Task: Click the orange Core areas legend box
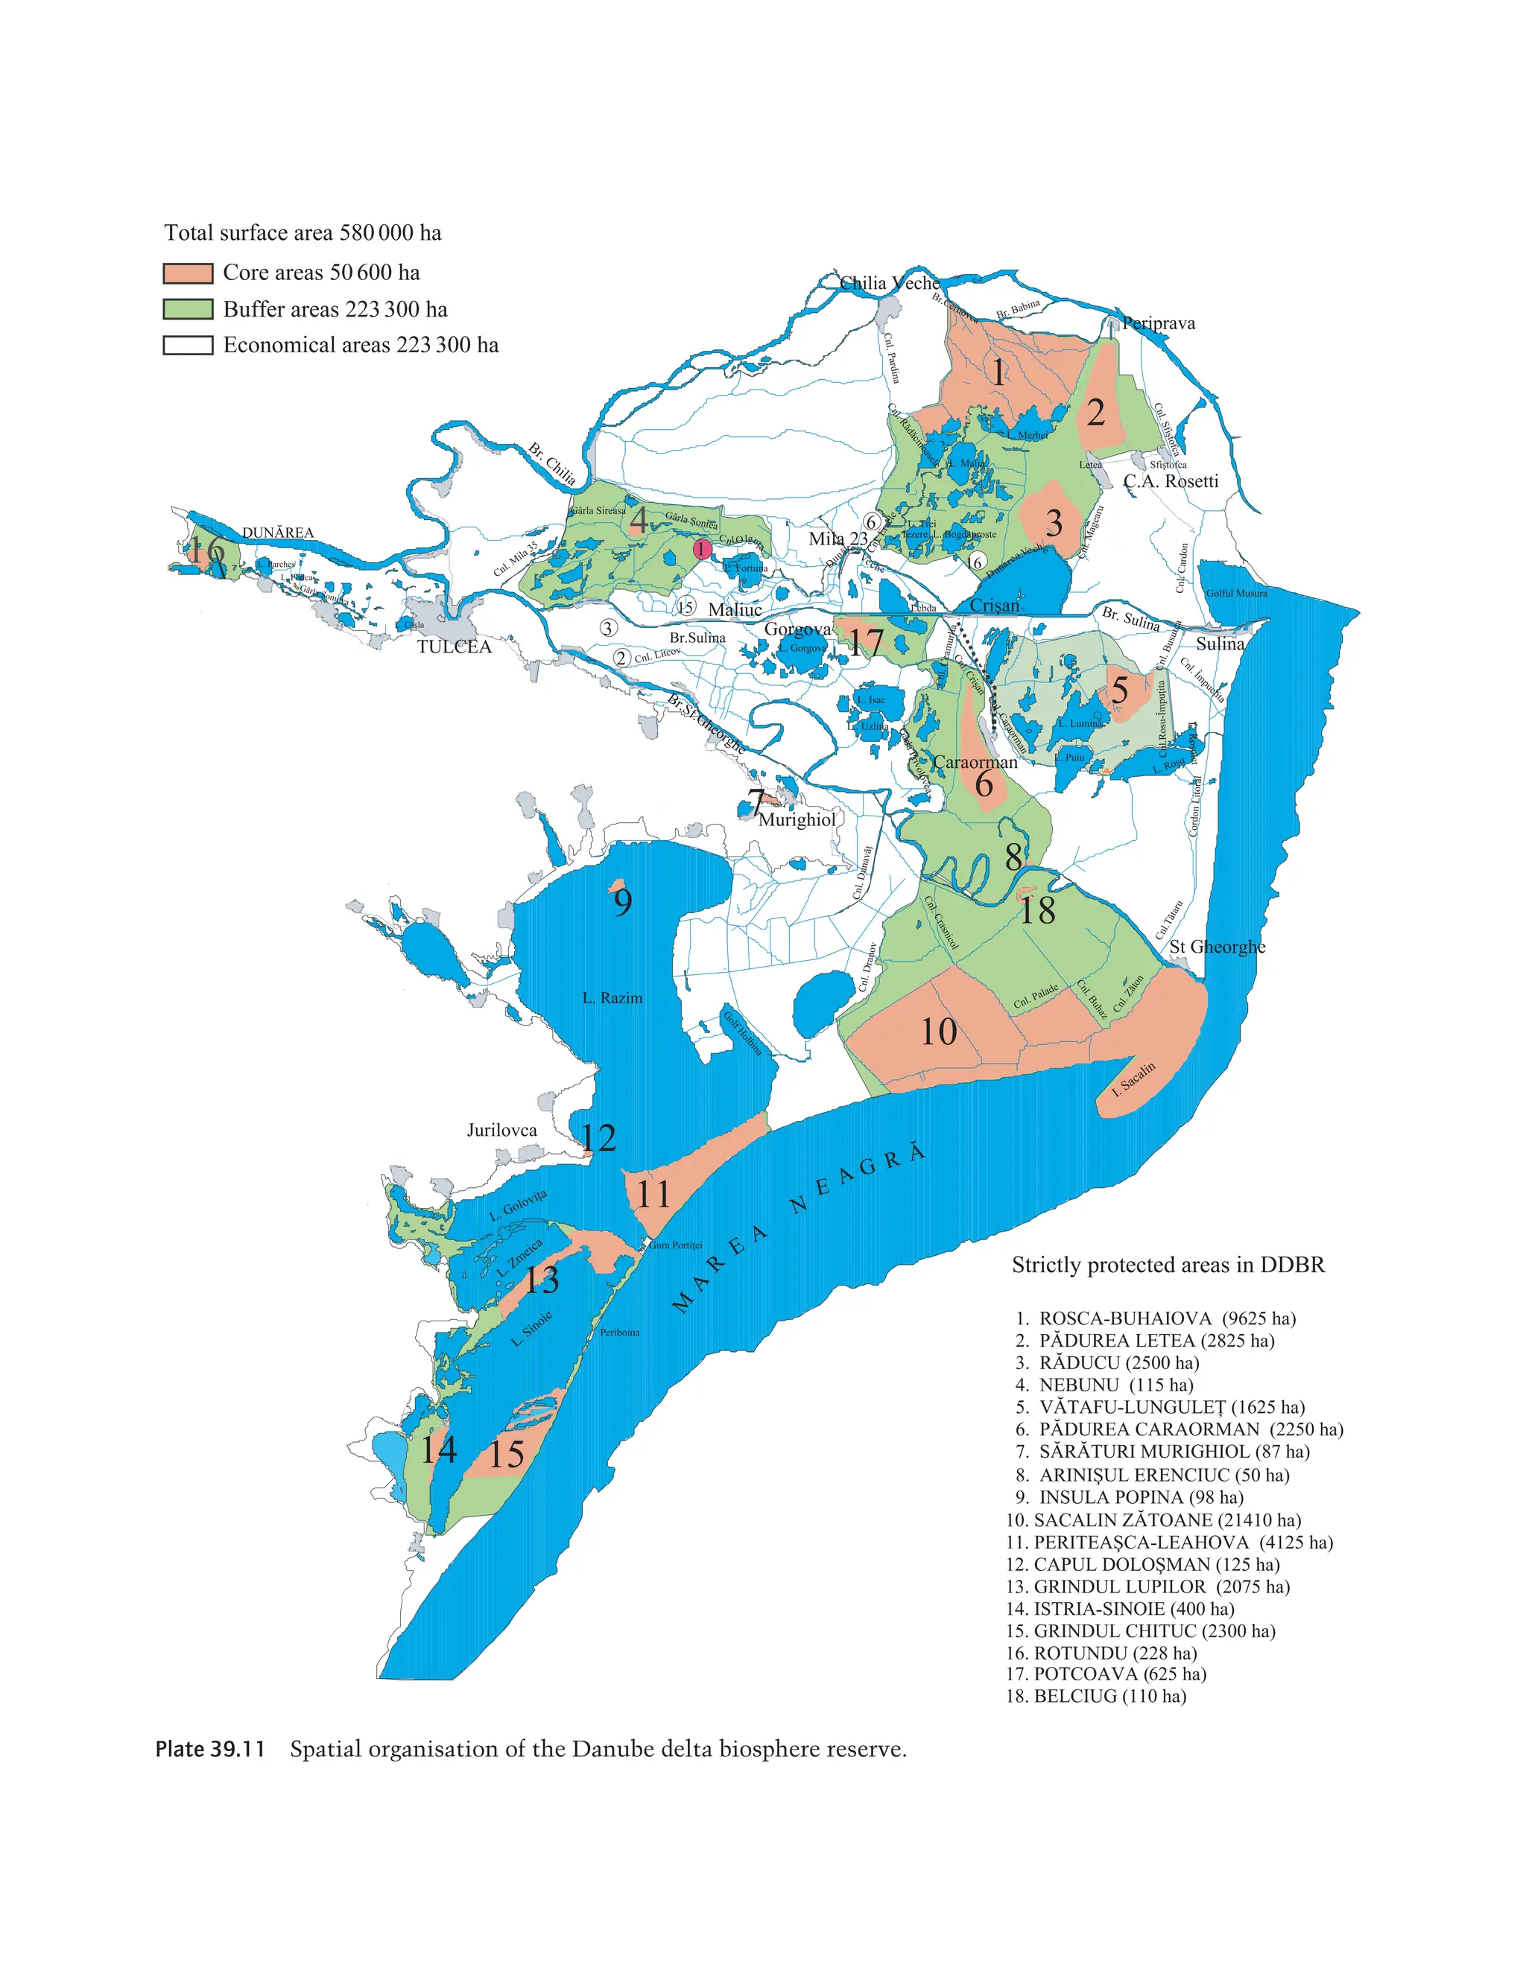click(187, 273)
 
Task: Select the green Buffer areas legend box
click(187, 309)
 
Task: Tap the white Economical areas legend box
click(187, 345)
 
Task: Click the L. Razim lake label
click(612, 998)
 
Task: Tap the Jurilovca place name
click(501, 1130)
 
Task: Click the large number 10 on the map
click(938, 1032)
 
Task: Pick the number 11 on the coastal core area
click(653, 1194)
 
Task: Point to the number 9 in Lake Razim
click(622, 903)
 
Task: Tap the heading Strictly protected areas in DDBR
click(1168, 1265)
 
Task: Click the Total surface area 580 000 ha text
click(303, 233)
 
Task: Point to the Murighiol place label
click(797, 820)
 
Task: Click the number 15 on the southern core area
click(506, 1455)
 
